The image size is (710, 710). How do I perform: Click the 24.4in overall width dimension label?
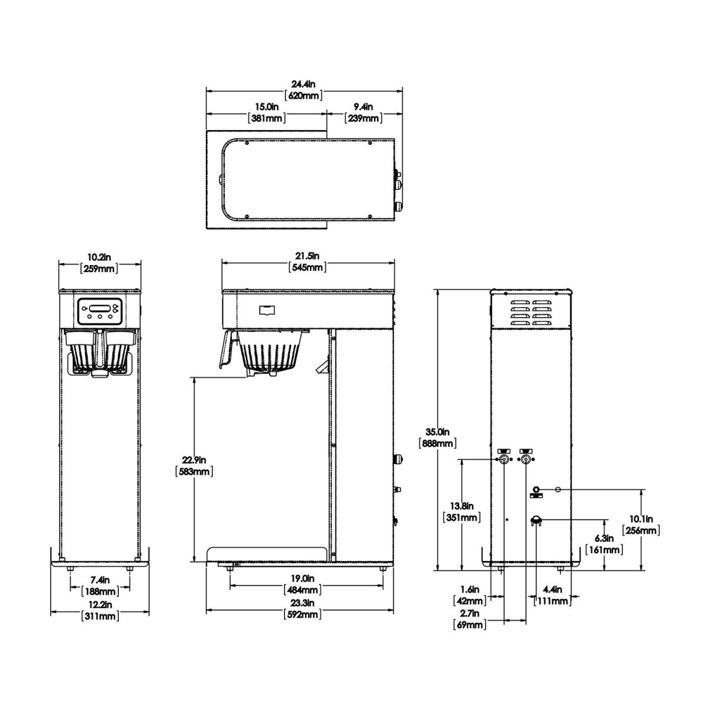pyautogui.click(x=304, y=89)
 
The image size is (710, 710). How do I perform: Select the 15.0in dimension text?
pyautogui.click(x=267, y=112)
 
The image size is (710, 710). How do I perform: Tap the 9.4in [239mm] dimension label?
pyautogui.click(x=363, y=112)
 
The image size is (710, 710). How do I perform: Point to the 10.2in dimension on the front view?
pyautogui.click(x=99, y=263)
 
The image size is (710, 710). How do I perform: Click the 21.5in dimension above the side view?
pyautogui.click(x=308, y=262)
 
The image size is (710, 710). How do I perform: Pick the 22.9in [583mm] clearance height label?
pyautogui.click(x=194, y=466)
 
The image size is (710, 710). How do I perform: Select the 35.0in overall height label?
pyautogui.click(x=436, y=437)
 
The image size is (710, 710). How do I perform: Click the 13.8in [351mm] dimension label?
pyautogui.click(x=461, y=512)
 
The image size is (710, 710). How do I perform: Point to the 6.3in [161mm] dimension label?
pyautogui.click(x=604, y=544)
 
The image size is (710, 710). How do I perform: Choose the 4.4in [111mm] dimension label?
pyautogui.click(x=551, y=595)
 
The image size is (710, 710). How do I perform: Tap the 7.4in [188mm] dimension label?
pyautogui.click(x=99, y=585)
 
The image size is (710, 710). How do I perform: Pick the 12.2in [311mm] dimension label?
pyautogui.click(x=99, y=610)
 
